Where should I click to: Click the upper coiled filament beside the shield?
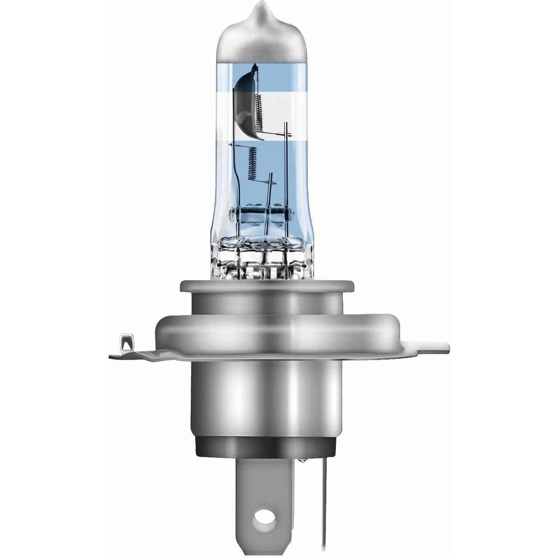tap(259, 109)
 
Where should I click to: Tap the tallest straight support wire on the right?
tap(286, 168)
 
